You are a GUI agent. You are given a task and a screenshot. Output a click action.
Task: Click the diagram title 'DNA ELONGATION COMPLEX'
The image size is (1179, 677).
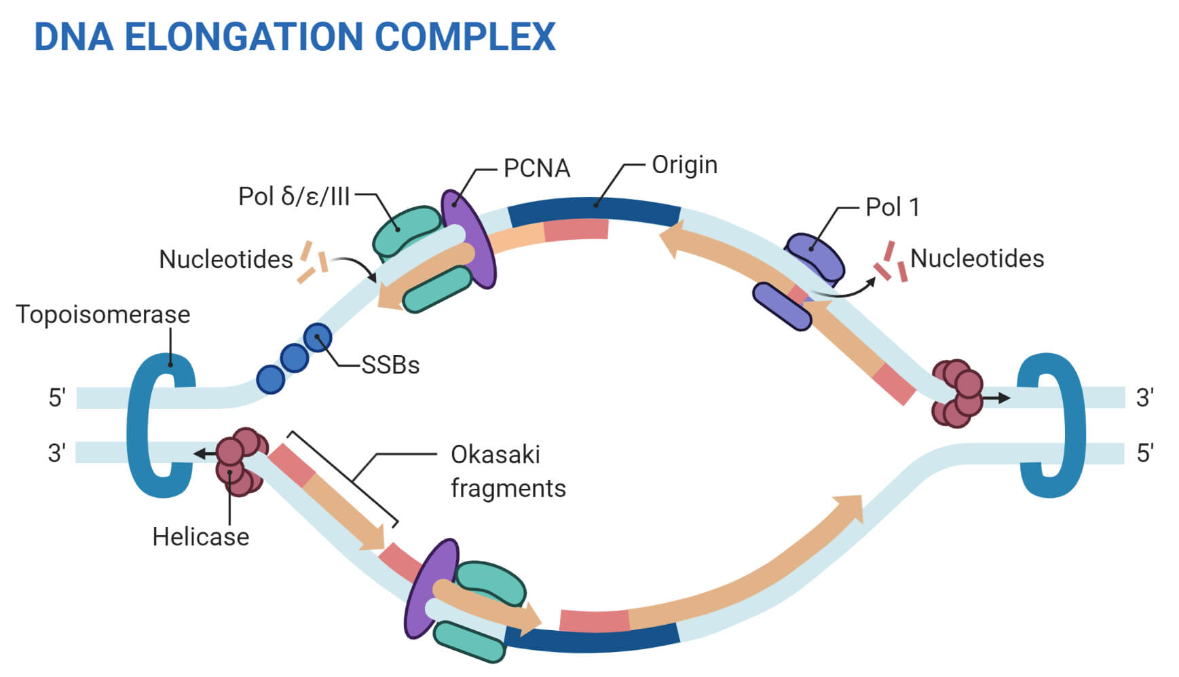(295, 37)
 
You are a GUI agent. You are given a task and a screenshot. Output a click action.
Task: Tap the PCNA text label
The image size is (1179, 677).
(536, 168)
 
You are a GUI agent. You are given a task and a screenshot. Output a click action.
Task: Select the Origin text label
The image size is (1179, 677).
(684, 165)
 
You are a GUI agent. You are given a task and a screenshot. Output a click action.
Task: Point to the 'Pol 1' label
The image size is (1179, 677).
(892, 207)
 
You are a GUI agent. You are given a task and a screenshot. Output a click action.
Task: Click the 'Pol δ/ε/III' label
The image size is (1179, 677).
(293, 196)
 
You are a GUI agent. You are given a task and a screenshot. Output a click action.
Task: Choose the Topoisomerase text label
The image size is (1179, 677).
(102, 314)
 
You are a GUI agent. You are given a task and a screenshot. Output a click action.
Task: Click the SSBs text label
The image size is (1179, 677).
(390, 365)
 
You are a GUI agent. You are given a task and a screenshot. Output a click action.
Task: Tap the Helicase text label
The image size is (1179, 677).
(200, 536)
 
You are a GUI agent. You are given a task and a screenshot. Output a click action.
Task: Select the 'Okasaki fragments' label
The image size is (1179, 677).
(507, 471)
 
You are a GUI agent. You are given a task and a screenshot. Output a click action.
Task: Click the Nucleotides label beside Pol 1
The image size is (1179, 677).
(976, 259)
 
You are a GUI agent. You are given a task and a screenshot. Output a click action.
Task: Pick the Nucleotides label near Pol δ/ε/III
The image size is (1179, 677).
(225, 259)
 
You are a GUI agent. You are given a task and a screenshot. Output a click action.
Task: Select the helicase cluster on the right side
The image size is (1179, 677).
(956, 393)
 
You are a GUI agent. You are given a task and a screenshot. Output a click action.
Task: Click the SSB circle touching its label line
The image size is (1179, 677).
(318, 337)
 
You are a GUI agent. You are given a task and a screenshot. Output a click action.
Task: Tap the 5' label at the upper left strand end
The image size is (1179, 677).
(57, 397)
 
